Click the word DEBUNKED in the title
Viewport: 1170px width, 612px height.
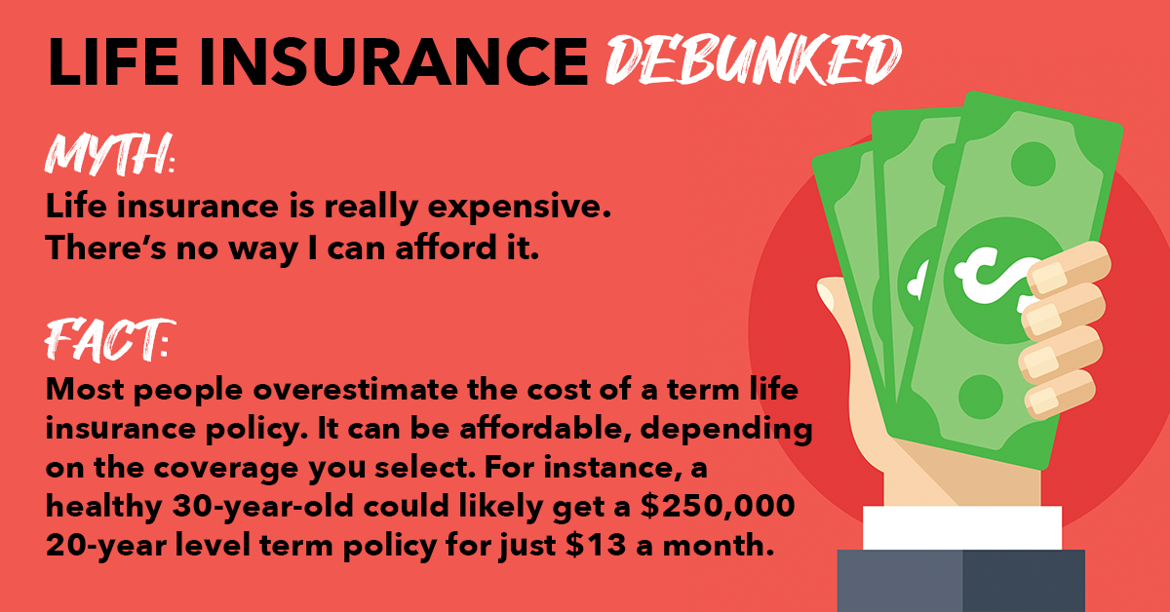754,60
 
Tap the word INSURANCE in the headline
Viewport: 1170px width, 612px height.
394,61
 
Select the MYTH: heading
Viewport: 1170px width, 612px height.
110,154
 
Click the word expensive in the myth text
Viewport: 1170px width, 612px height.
519,208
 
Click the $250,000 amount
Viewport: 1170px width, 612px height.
718,507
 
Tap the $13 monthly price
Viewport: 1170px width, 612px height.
595,545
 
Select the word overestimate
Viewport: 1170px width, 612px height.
355,390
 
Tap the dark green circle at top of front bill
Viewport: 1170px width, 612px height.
1033,164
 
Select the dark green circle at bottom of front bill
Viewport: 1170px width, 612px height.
981,397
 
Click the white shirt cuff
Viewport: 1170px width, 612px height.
962,527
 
